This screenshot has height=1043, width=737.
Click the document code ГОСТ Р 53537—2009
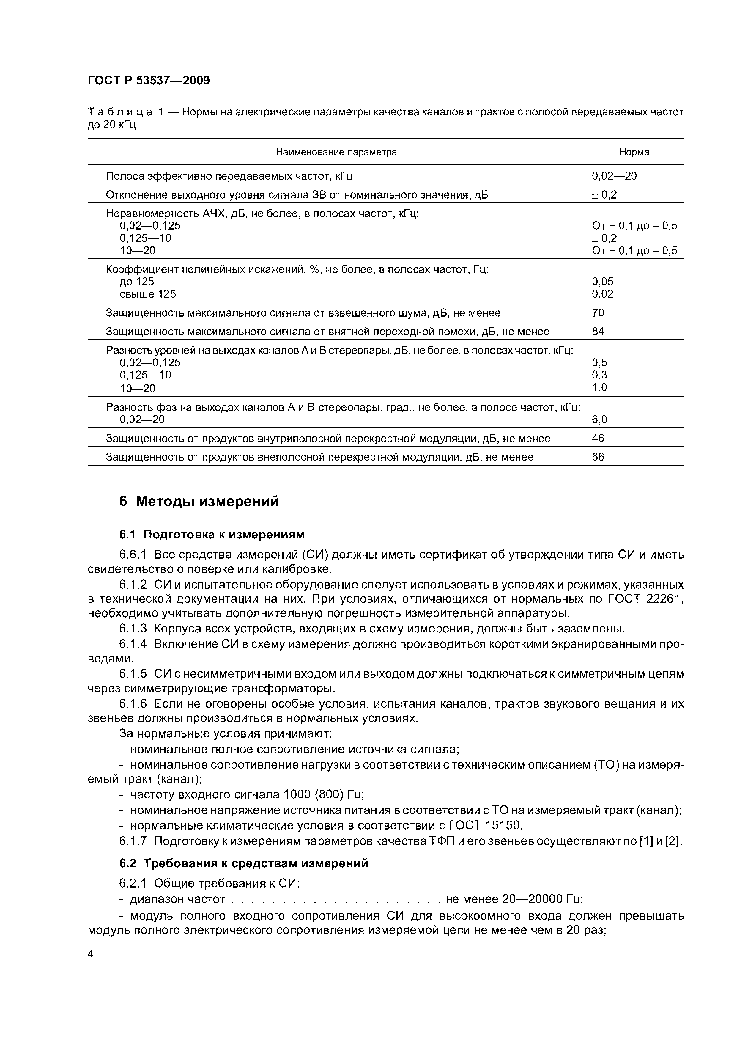[x=149, y=81]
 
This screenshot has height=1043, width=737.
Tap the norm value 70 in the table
[x=598, y=312]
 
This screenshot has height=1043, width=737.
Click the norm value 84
[x=598, y=332]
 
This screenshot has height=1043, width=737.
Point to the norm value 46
[x=598, y=438]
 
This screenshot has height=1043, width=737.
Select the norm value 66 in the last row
[x=598, y=457]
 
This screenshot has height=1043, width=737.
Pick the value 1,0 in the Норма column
[x=599, y=387]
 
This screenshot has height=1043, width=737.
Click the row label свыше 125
[x=148, y=294]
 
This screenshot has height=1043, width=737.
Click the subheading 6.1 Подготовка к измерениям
[x=212, y=535]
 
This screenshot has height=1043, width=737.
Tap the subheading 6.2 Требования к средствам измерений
[x=244, y=863]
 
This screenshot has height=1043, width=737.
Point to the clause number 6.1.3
[x=133, y=629]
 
